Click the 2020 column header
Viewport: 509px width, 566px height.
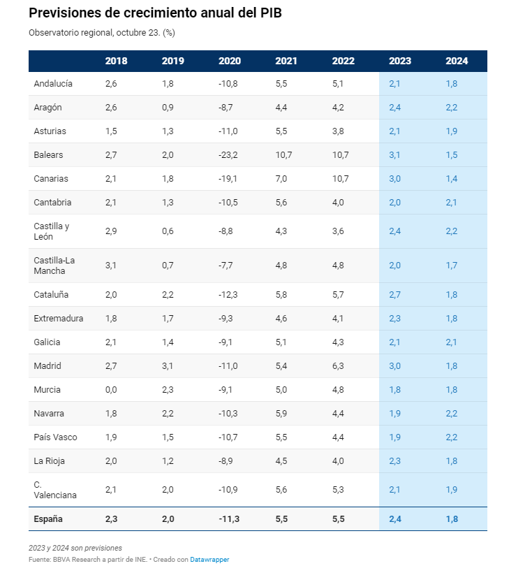pos(229,61)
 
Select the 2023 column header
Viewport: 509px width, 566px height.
pos(400,61)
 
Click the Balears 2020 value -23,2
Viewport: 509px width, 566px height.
pos(228,154)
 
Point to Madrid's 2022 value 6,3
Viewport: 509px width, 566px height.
pos(339,365)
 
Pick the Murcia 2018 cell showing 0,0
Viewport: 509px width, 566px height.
pos(112,389)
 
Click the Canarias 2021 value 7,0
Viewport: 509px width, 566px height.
pos(282,178)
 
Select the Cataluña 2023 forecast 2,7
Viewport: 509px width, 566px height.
pos(394,294)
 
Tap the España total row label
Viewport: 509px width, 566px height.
pos(48,518)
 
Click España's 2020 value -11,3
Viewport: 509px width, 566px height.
pos(229,518)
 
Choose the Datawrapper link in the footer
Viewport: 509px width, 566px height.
pos(209,559)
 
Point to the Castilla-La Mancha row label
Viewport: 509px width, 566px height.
pos(54,266)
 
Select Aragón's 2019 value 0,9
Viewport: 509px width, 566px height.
pos(168,107)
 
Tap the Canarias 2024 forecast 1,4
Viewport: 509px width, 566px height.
pos(452,178)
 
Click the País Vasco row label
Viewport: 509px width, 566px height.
pos(55,437)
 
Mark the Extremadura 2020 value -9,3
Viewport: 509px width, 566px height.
pos(226,318)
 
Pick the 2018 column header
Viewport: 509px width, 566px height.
pos(116,61)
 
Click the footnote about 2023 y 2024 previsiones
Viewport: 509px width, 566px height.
pos(75,547)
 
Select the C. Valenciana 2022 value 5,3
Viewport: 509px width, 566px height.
pos(339,490)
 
